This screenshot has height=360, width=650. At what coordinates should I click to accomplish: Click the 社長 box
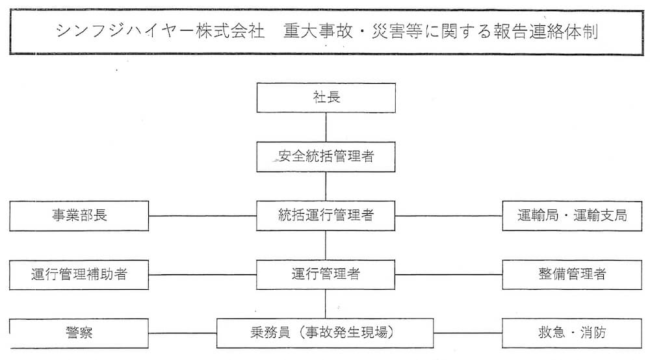click(326, 97)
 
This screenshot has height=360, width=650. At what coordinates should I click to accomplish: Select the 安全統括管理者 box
click(326, 157)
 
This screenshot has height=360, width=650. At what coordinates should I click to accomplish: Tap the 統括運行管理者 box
click(326, 215)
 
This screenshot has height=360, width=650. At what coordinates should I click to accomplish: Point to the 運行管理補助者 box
click(79, 274)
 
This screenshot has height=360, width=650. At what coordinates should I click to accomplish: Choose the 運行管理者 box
click(326, 274)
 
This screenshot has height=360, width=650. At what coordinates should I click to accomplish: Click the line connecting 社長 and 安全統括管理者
click(326, 127)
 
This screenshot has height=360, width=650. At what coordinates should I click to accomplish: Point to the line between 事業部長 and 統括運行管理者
click(203, 216)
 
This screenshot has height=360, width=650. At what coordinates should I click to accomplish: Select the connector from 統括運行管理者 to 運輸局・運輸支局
click(448, 216)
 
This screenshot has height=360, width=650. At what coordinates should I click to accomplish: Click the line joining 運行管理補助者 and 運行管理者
click(203, 274)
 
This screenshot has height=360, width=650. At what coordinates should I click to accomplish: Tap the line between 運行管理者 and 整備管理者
click(448, 274)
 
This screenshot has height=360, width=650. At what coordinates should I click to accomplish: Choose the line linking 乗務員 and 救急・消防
click(468, 333)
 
